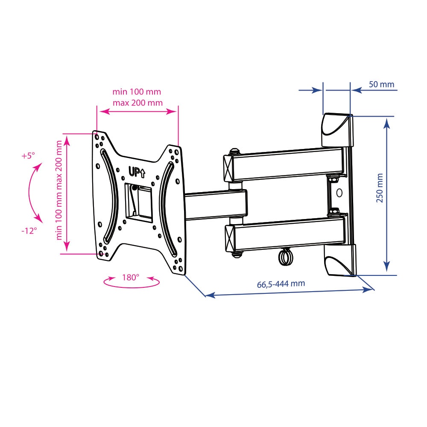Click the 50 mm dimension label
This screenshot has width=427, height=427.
pos(381,85)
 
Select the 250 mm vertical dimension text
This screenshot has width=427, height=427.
pos(380,188)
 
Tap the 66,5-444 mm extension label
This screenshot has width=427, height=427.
pos(281,284)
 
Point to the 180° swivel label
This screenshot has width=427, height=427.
pos(131,278)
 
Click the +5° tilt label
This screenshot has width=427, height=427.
pos(28,156)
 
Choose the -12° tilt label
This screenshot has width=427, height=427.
pos(29,231)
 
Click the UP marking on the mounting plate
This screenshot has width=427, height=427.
pos(137,172)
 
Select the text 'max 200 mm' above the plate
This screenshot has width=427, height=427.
pos(138,103)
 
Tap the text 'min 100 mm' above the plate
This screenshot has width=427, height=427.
pos(137,92)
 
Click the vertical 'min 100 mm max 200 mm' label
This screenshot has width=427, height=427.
pos(59,190)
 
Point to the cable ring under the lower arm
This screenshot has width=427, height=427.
pos(285,257)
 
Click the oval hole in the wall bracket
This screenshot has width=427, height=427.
pos(339,193)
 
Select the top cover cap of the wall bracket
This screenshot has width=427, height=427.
pos(338,130)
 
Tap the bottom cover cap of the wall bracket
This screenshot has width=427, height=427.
pos(340,260)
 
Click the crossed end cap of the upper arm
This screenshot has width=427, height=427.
pos(228,168)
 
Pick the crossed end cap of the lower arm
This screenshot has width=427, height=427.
pos(230,238)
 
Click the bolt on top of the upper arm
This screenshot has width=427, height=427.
pos(234,151)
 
